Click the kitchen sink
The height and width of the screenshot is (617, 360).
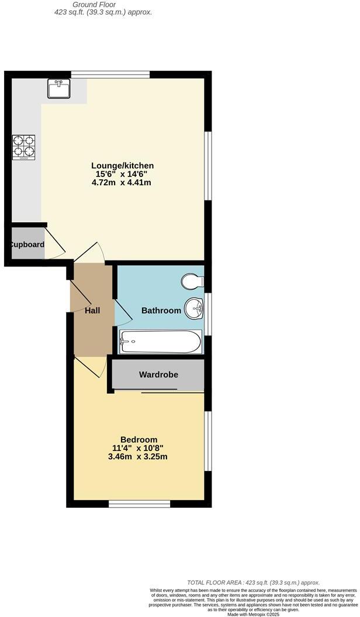[x=59, y=89]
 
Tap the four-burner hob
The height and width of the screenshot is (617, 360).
[x=23, y=148]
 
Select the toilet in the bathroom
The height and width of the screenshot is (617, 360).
[x=192, y=282]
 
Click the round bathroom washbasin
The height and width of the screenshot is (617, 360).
[x=193, y=308]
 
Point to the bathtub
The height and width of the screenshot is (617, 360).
[x=161, y=342]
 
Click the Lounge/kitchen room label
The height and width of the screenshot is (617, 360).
[x=122, y=166]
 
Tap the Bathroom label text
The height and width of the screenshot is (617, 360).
[x=161, y=310]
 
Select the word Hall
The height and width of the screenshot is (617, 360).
[x=92, y=310]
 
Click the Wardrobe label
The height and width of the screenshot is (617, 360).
[x=158, y=375]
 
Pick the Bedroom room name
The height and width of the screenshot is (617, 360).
[x=139, y=439]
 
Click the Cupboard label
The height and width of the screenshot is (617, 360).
[x=26, y=244]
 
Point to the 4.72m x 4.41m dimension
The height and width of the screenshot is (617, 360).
[x=122, y=182]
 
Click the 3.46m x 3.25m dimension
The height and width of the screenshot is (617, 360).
[x=138, y=456]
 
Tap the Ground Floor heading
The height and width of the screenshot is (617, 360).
[x=99, y=4]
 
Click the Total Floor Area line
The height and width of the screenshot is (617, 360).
[x=253, y=583]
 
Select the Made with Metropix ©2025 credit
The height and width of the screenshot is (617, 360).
[x=253, y=614]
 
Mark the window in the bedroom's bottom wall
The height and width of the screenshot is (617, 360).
[x=139, y=503]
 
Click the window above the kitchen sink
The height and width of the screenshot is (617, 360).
[x=110, y=74]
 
